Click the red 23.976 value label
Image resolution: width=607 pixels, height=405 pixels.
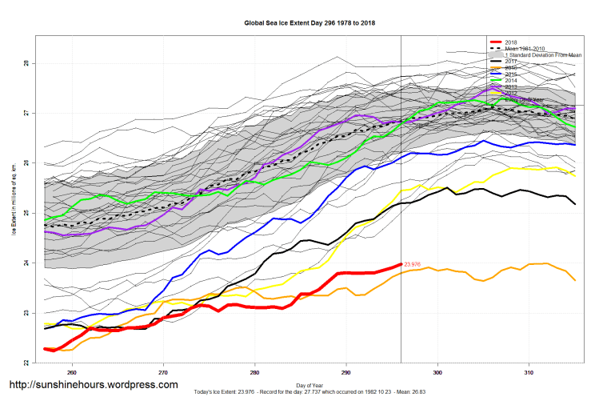(x=413, y=265)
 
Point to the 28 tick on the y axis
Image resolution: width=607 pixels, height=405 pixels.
(x=26, y=63)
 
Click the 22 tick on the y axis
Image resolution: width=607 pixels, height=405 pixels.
(x=26, y=363)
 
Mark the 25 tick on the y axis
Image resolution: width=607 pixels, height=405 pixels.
(x=26, y=213)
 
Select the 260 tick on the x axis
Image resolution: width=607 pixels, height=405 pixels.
(x=72, y=372)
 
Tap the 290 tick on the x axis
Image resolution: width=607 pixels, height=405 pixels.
(x=346, y=372)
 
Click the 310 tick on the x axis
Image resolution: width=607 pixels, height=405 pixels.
(x=529, y=372)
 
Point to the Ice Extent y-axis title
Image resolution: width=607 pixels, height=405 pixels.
(x=14, y=213)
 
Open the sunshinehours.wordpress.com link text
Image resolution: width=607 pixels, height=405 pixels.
(x=93, y=385)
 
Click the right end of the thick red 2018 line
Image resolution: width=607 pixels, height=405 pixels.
(x=400, y=265)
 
